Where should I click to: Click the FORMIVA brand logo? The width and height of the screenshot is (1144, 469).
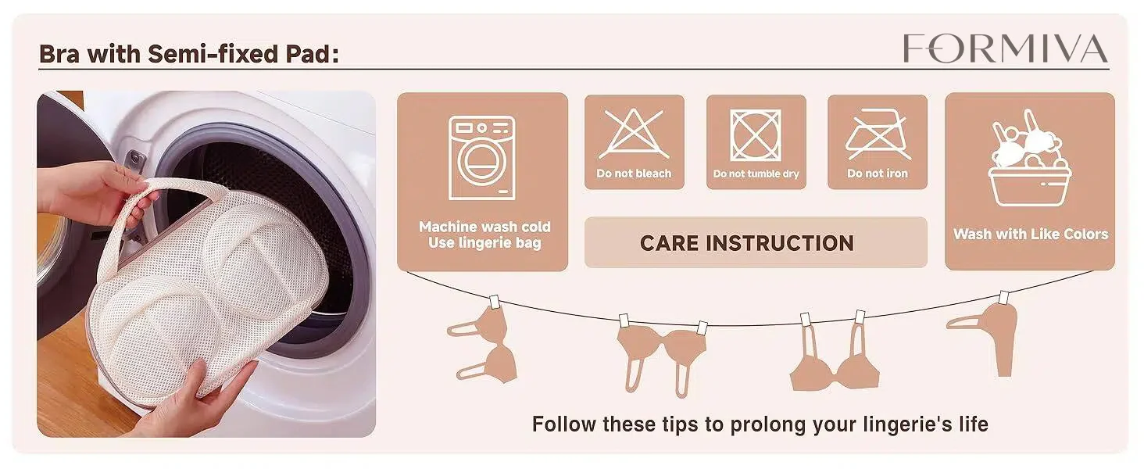point(1005,48)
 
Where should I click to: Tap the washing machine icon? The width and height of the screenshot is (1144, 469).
point(481,158)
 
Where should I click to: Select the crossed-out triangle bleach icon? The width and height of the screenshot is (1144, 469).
point(633,134)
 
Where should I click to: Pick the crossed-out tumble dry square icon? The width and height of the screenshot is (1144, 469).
point(756,135)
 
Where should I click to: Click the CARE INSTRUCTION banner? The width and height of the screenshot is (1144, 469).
point(756,242)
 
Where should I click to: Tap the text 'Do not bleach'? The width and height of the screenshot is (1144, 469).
point(634,174)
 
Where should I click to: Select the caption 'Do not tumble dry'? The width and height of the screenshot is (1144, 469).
point(756,174)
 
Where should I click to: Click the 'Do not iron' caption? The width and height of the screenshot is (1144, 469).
point(878,174)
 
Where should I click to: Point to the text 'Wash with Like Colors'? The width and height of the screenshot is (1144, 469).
point(1031,234)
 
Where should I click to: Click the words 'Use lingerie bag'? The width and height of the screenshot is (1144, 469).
point(484,242)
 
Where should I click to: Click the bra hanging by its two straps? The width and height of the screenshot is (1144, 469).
point(834,353)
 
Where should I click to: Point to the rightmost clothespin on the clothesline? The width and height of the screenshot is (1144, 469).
point(1004,297)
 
